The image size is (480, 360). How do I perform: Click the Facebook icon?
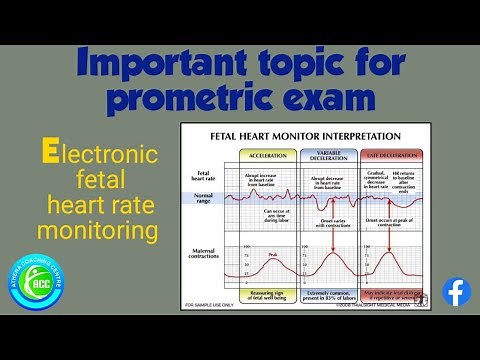[x=456, y=292]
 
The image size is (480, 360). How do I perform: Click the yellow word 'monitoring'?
[x=98, y=231]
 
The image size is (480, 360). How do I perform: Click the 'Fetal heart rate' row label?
[x=200, y=177]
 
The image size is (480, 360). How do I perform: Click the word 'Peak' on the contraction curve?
[x=272, y=255]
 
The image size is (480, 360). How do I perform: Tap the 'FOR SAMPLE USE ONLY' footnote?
[x=208, y=305]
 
